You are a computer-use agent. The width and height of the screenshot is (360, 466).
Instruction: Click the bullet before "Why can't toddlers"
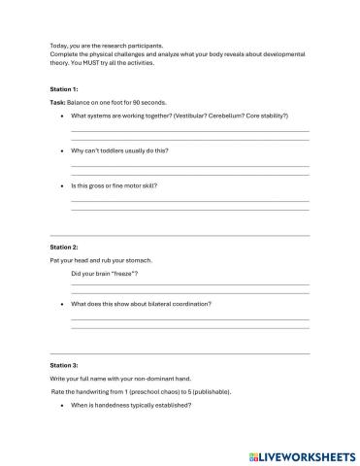coord(62,151)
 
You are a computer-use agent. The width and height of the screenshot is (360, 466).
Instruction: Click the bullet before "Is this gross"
coord(62,184)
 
